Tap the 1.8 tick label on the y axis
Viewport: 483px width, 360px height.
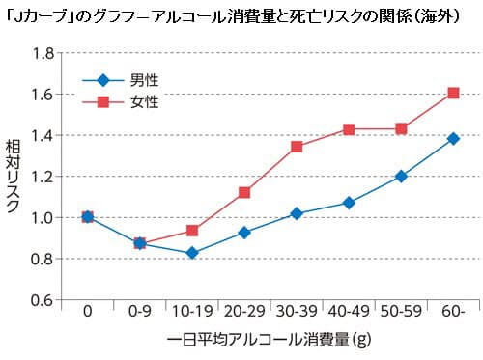coord(42,53)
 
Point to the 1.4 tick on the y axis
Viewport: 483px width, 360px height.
coord(42,135)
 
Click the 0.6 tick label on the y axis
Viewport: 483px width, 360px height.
coord(42,299)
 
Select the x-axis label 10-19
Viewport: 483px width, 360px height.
coord(191,314)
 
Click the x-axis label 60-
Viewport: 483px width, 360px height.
coord(453,314)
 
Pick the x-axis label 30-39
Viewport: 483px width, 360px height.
coord(297,314)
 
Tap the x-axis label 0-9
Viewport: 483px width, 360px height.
coord(139,314)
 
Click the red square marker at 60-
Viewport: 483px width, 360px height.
coord(453,94)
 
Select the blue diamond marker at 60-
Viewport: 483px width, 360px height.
coord(453,139)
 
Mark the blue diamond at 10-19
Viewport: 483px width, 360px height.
coord(191,253)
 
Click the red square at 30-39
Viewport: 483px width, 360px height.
coord(297,147)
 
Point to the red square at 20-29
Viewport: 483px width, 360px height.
coord(244,192)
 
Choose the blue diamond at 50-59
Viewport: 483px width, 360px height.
coord(401,177)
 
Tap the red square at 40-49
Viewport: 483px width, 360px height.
coord(349,129)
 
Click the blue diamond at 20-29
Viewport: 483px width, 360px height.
coord(244,233)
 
